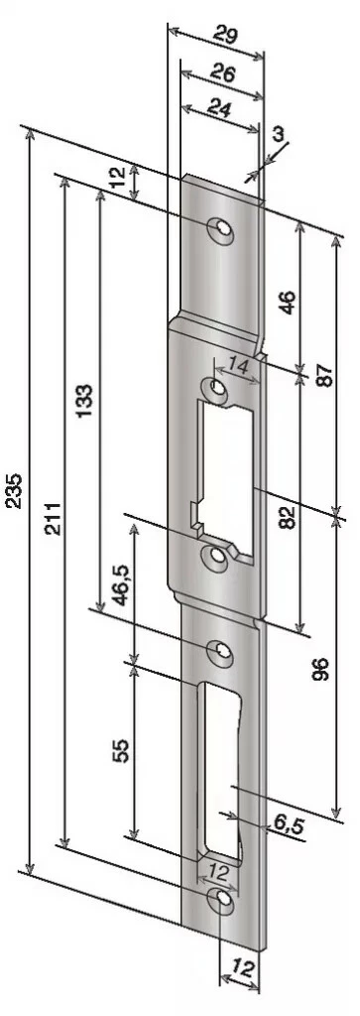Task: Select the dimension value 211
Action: tap(54, 518)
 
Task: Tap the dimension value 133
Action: tap(85, 402)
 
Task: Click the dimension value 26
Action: tap(223, 73)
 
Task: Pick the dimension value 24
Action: tap(218, 109)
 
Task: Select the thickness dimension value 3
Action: tap(277, 134)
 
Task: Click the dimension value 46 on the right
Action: tap(289, 302)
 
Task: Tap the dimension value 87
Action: tap(325, 374)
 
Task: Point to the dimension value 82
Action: tap(289, 517)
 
